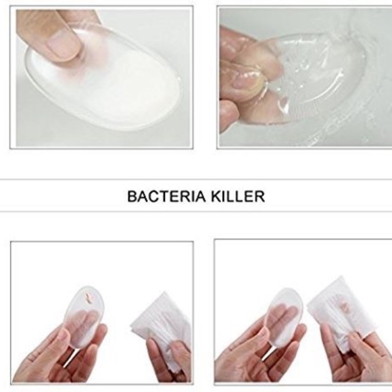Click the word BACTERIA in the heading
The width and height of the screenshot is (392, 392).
pyautogui.click(x=166, y=197)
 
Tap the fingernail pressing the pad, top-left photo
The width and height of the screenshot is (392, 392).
pyautogui.click(x=65, y=43)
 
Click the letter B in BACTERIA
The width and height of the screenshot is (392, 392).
pyautogui.click(x=132, y=197)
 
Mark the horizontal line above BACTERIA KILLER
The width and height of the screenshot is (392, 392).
pyautogui.click(x=196, y=179)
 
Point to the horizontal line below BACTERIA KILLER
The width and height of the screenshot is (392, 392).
pyautogui.click(x=196, y=212)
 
